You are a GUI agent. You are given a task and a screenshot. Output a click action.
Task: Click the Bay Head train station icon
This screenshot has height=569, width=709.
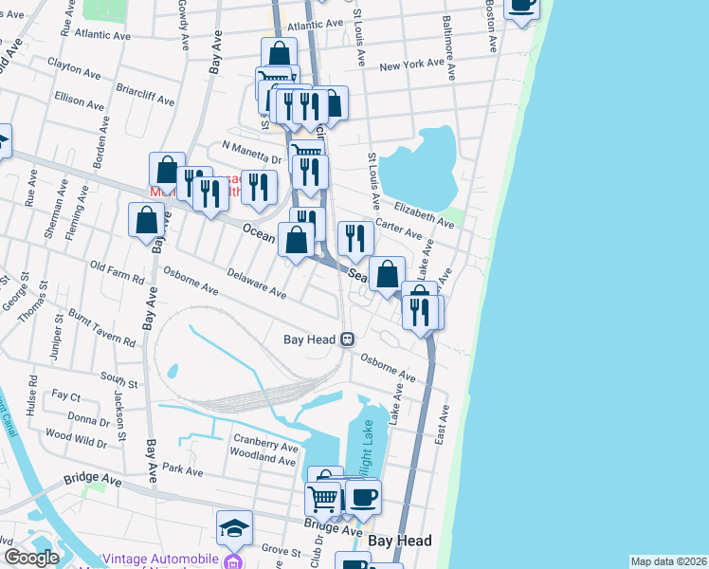pos(349,339)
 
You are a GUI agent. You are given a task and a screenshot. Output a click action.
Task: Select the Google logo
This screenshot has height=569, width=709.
pos(32,558)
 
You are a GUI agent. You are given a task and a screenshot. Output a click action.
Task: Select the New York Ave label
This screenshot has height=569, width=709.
pos(411,66)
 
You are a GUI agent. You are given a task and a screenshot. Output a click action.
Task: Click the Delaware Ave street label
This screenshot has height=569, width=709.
pos(256,283)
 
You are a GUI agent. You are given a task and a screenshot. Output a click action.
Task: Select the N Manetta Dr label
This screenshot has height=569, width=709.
pos(252,147)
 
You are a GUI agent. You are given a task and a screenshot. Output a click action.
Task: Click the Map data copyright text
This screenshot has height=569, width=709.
pos(668,561)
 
